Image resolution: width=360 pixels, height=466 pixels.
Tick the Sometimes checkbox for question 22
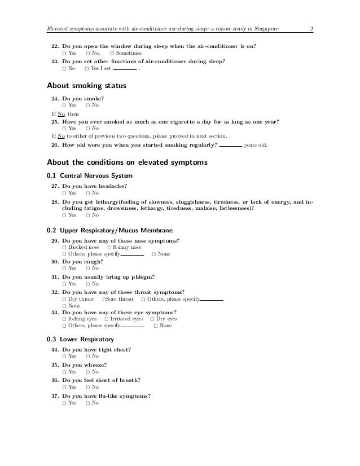[112, 53]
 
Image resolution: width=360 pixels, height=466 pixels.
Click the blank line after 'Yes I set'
[125, 69]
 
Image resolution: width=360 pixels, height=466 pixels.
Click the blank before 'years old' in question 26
[230, 145]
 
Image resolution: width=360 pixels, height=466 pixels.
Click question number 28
[55, 201]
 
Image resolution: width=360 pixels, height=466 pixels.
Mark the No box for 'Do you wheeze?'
[88, 372]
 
